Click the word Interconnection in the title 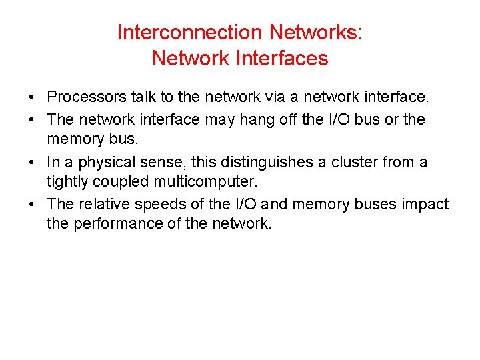coord(189,32)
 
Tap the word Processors coord(87,98)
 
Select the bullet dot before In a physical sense coord(33,163)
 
